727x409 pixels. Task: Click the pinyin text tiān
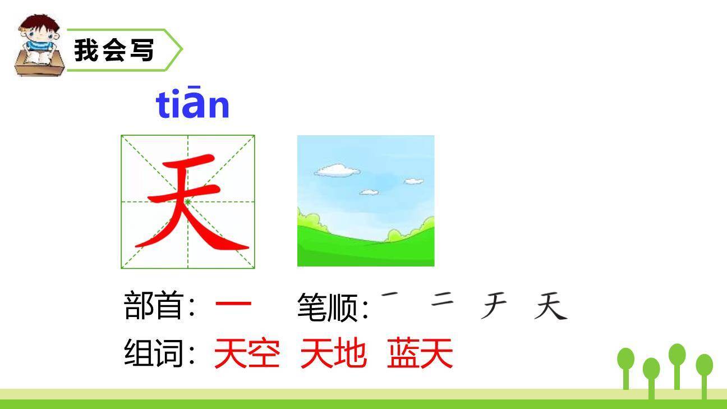coord(193,104)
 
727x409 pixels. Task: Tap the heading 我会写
coord(114,50)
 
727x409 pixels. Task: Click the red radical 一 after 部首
coord(233,306)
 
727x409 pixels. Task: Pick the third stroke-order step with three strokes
coord(495,307)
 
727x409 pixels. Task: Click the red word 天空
coord(247,353)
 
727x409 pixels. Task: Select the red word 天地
coord(333,353)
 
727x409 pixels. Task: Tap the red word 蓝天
coord(420,353)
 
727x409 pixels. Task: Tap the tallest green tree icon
coord(677,355)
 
